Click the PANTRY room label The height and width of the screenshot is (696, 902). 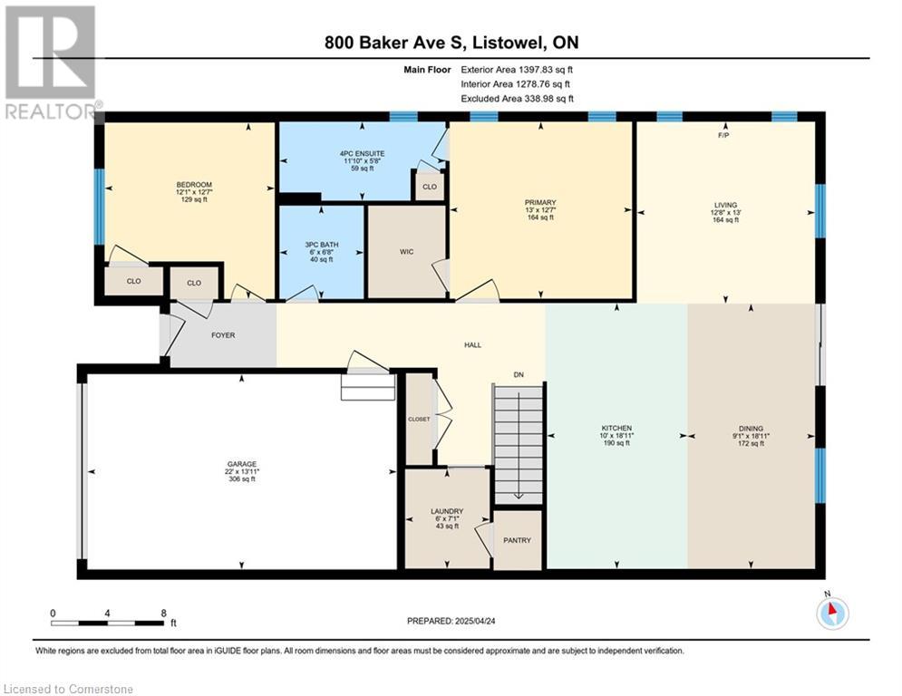517,540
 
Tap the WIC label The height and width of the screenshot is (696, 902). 407,252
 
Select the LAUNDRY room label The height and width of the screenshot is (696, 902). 447,511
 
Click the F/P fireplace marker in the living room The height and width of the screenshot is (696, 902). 723,135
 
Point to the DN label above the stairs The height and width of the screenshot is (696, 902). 519,374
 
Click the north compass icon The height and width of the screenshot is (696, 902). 832,612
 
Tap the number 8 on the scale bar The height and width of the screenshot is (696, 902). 164,614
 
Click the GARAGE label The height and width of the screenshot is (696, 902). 242,464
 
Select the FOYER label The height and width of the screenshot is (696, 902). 223,335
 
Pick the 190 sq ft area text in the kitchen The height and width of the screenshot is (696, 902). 616,443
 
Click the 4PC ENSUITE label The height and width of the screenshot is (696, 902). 363,153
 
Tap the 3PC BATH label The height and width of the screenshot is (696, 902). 322,245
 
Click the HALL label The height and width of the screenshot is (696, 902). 473,345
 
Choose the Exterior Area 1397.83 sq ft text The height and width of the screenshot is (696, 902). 517,70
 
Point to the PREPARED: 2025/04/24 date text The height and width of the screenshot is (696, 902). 451,621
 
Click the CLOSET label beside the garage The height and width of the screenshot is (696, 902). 419,420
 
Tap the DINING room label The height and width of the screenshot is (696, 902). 752,429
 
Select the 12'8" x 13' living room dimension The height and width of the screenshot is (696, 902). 726,212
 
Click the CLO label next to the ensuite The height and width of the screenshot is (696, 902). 430,187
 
